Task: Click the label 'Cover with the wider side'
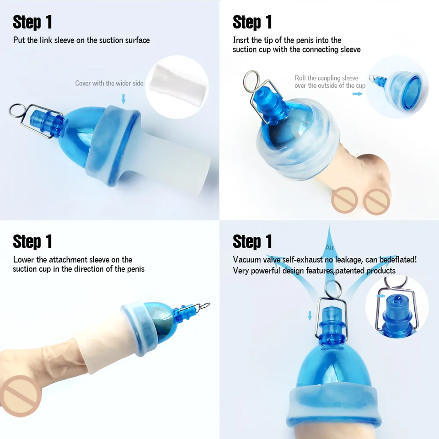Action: (109, 83)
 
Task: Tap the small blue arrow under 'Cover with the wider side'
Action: (123, 98)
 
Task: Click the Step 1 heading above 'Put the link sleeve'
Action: (32, 22)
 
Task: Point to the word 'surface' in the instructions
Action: (136, 40)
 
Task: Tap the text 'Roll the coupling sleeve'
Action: (326, 78)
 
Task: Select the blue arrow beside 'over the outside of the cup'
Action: (357, 94)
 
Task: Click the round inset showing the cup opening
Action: (397, 87)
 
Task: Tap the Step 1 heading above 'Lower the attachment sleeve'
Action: (32, 241)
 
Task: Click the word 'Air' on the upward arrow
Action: (330, 247)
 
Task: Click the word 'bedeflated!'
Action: (398, 260)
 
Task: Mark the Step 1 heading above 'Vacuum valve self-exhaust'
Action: (252, 241)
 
